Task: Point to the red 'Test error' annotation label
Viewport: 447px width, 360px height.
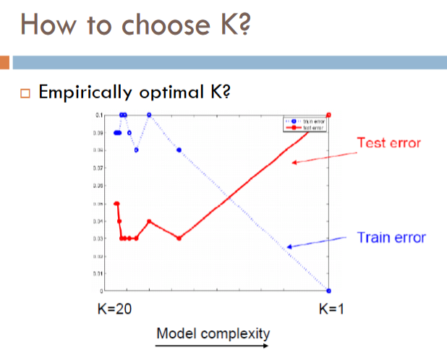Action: pos(388,142)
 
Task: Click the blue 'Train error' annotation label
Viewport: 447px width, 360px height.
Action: pos(391,237)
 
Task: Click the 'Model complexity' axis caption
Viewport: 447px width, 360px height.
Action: pos(213,333)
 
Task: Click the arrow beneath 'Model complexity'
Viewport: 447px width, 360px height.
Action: pos(213,346)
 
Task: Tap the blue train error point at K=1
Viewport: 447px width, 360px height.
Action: pos(329,290)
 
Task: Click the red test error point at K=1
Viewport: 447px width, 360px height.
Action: pos(329,114)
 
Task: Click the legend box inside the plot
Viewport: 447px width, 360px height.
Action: pos(304,124)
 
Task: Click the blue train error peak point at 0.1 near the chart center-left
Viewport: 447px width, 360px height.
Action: pos(149,114)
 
